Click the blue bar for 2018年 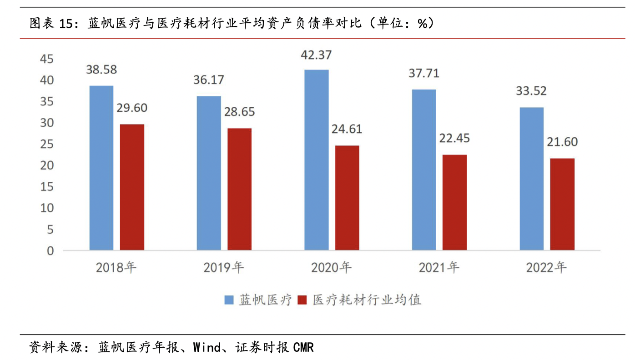pyautogui.click(x=101, y=168)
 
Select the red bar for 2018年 pyautogui.click(x=132, y=187)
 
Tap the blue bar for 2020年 pyautogui.click(x=317, y=160)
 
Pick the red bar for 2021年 pyautogui.click(x=454, y=202)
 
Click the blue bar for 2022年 pyautogui.click(x=532, y=179)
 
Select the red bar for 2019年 pyautogui.click(x=239, y=189)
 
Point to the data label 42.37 pyautogui.click(x=317, y=55)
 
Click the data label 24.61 pyautogui.click(x=347, y=130)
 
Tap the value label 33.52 pyautogui.click(x=531, y=91)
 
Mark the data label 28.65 pyautogui.click(x=239, y=112)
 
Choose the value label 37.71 pyautogui.click(x=424, y=73)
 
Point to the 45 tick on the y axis pyautogui.click(x=47, y=59)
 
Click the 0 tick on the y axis pyautogui.click(x=50, y=251)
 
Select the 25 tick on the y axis pyautogui.click(x=47, y=145)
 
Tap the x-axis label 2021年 pyautogui.click(x=439, y=268)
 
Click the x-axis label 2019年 pyautogui.click(x=224, y=268)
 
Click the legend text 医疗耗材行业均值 pyautogui.click(x=367, y=300)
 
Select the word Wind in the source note pyautogui.click(x=207, y=348)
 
